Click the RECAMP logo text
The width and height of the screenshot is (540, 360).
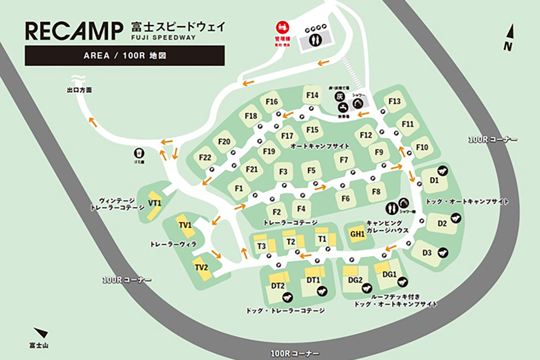tap(74, 31)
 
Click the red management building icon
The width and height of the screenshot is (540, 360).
tap(283, 27)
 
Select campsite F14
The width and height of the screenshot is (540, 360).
tap(312, 95)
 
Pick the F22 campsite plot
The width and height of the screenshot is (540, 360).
tap(205, 158)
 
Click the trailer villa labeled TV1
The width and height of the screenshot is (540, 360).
tap(185, 225)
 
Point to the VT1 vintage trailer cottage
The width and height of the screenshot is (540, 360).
tap(154, 203)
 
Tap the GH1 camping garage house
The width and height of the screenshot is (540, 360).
tap(357, 234)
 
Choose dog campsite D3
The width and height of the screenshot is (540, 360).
tap(427, 253)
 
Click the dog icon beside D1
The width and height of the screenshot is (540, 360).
tap(442, 171)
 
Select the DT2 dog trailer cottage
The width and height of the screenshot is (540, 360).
tap(278, 286)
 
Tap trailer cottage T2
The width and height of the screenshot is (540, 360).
tap(291, 242)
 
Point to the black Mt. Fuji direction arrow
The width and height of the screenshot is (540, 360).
tap(41, 333)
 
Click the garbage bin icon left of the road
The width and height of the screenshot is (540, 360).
tap(139, 153)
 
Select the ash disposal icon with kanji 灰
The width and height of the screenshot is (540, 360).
tap(339, 96)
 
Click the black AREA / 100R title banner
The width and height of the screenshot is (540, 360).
tap(125, 55)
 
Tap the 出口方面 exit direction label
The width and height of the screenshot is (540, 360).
tap(79, 90)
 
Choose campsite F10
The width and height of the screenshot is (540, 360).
tap(422, 147)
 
